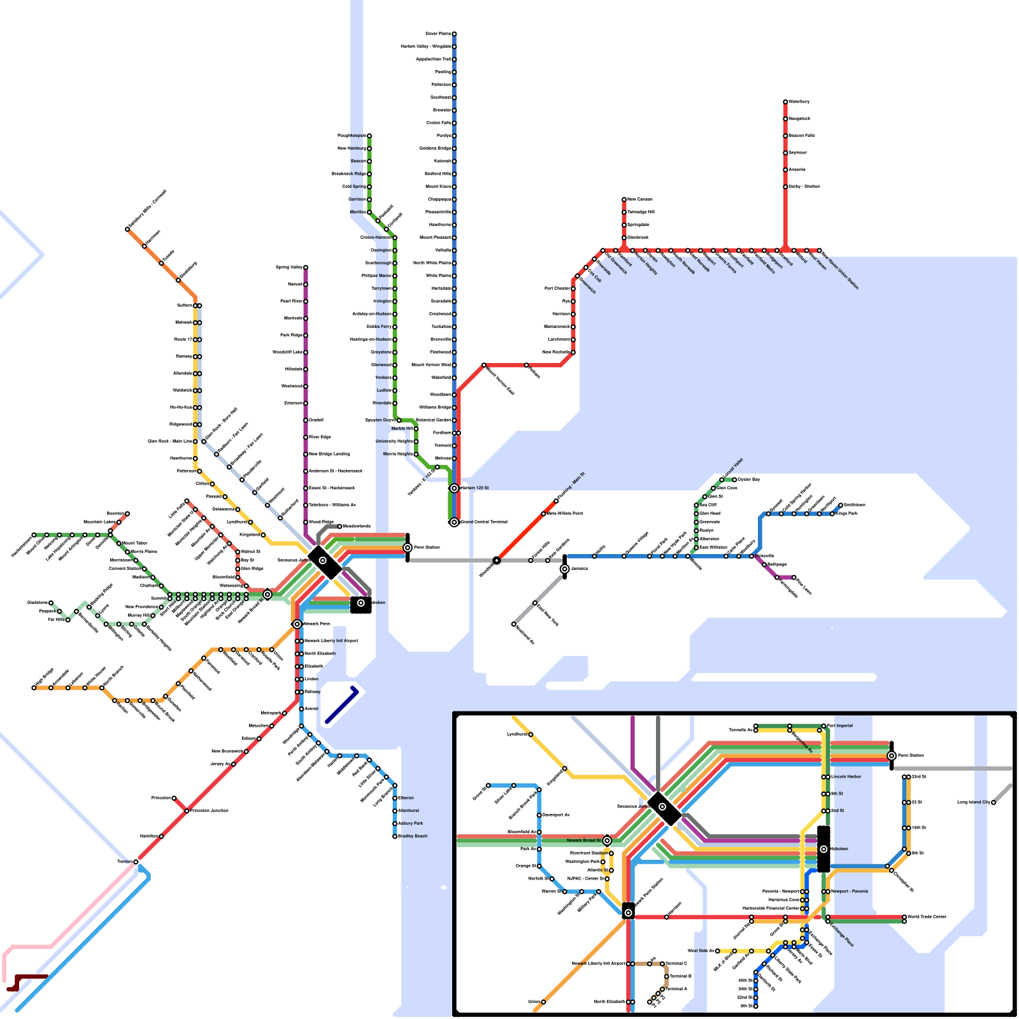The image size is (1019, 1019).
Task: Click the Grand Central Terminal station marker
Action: (x=454, y=522)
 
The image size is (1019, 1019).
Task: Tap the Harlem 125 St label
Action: (x=474, y=488)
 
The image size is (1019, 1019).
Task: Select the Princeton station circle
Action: (x=174, y=798)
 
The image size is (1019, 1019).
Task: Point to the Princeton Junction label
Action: (x=210, y=811)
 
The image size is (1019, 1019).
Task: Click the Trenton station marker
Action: (x=136, y=862)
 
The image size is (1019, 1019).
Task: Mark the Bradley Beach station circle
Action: (x=395, y=836)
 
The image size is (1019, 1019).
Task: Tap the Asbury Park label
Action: (x=411, y=823)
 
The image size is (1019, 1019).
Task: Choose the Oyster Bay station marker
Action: (x=734, y=480)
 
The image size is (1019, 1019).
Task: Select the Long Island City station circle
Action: (x=994, y=802)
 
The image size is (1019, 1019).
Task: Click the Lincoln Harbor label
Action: (x=846, y=777)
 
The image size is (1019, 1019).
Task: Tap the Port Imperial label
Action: (x=841, y=725)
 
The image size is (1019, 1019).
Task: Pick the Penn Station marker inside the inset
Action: (x=892, y=755)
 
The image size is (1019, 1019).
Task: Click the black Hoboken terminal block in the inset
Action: (x=823, y=849)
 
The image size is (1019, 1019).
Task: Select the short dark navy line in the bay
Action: (x=342, y=705)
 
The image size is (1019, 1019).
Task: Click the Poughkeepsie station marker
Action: (x=369, y=136)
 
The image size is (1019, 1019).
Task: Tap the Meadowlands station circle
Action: (x=339, y=526)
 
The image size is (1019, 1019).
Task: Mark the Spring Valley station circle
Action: (x=306, y=267)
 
